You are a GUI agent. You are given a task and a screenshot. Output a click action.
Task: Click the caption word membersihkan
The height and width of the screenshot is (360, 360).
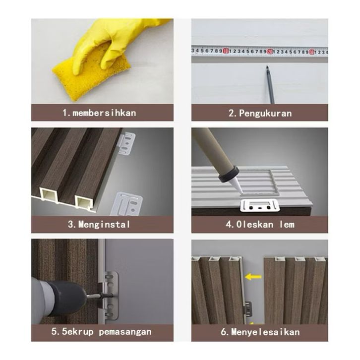[105, 113]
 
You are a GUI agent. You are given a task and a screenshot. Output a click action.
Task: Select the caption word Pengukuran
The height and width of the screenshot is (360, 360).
[265, 114]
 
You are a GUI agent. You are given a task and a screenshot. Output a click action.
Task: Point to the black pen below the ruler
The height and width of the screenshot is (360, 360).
[270, 84]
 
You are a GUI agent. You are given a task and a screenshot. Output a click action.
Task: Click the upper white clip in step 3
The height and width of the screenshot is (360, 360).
[127, 143]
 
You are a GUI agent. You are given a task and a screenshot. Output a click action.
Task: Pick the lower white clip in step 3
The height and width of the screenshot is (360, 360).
[127, 204]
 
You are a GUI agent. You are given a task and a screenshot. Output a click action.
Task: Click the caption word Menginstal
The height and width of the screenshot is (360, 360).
[104, 225]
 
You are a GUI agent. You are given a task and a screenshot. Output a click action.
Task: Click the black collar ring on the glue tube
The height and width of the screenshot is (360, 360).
[229, 175]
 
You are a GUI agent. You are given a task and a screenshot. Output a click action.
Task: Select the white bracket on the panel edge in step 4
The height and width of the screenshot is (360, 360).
[260, 205]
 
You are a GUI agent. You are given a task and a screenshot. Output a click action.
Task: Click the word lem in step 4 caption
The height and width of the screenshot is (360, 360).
[287, 225]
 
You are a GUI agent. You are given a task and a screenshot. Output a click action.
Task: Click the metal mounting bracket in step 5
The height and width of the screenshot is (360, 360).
[111, 296]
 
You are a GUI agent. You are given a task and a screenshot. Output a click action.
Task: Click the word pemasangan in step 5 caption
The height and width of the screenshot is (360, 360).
[125, 332]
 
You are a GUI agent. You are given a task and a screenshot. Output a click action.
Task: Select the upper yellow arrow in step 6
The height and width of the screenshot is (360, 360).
[253, 277]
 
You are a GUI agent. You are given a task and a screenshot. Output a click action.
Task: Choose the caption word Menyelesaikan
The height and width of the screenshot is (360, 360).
[265, 332]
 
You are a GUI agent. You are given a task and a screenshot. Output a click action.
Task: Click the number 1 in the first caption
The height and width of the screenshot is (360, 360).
[65, 113]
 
